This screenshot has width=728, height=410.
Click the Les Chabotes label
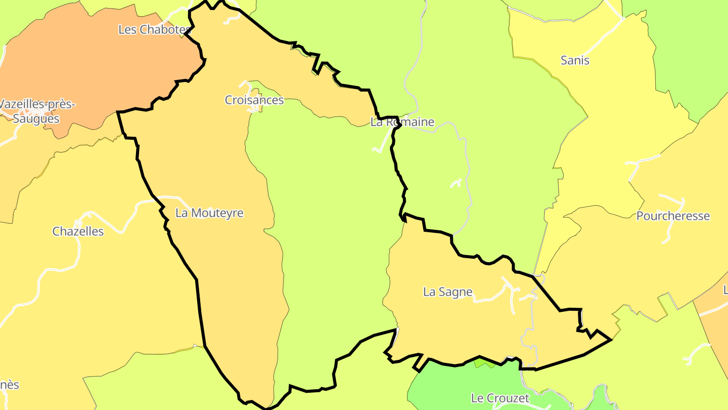pos(155,29)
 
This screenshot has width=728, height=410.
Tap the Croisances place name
pos(254,100)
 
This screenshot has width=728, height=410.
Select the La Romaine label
pos(402,122)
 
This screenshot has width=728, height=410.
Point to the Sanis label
pos(575,61)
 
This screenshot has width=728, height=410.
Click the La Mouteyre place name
pos(209,213)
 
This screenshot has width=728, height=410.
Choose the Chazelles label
pos(78,232)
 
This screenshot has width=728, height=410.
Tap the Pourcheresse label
pos(673,216)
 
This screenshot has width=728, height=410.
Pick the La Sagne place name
pos(447,292)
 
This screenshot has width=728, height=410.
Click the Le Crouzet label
pos(500,398)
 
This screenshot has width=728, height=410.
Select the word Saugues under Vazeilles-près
pos(36,119)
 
